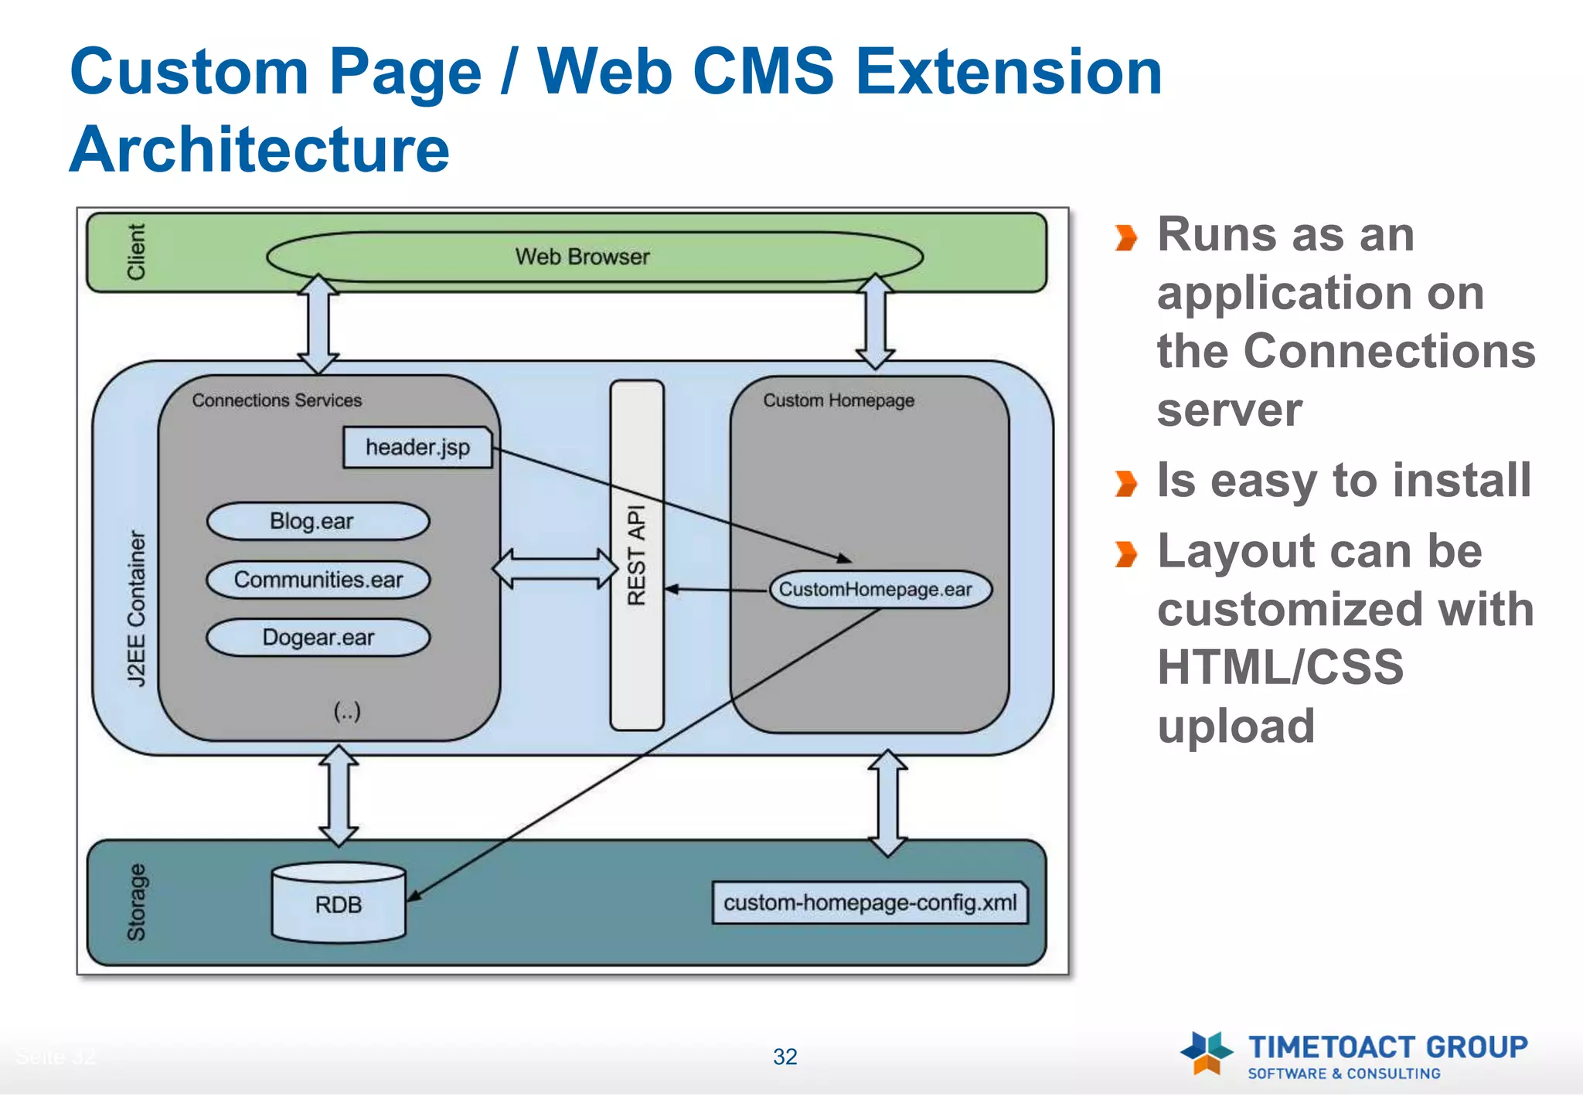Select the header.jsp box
click(417, 448)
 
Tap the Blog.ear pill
click(318, 521)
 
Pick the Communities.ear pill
click(318, 580)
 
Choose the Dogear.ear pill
click(318, 638)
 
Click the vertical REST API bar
click(637, 555)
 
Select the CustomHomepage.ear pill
click(880, 590)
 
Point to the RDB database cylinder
click(339, 903)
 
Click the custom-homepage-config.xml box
click(870, 903)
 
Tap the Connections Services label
click(277, 400)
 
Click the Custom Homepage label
click(839, 400)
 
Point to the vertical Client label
click(136, 252)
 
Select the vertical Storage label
click(136, 902)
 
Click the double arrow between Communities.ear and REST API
click(555, 569)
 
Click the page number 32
click(785, 1057)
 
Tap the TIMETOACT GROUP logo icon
click(1206, 1053)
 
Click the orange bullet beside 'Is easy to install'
click(1126, 484)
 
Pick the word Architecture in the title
click(260, 150)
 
